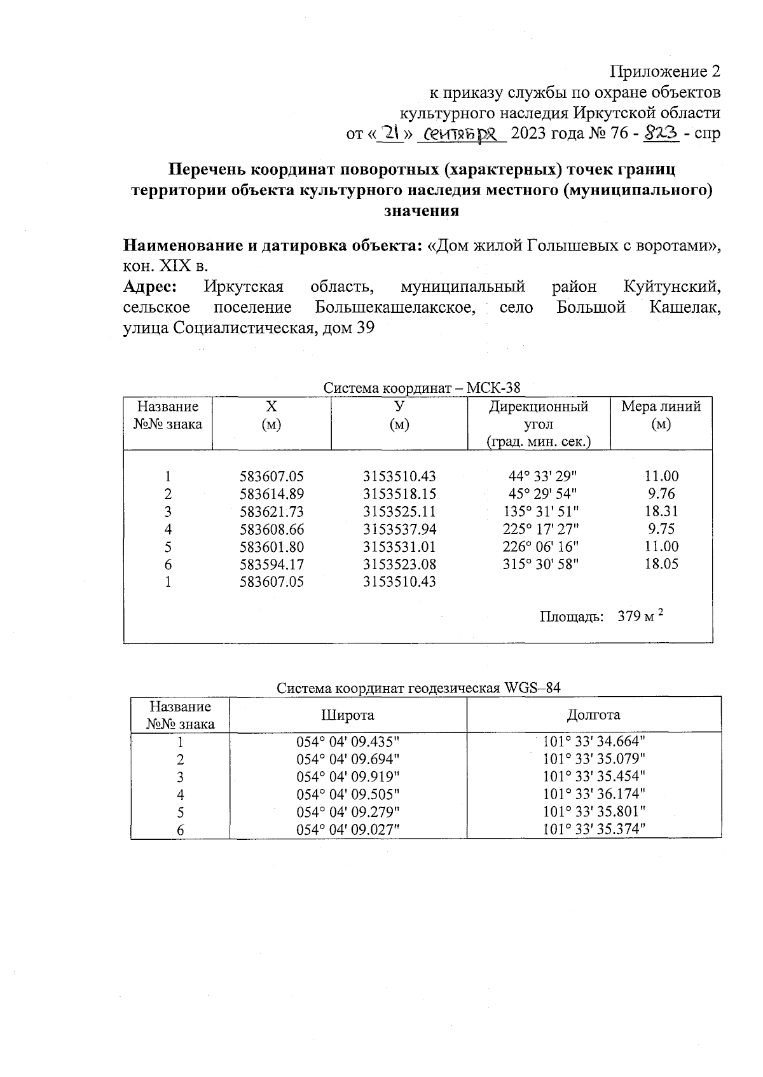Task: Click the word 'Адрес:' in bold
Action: coord(149,287)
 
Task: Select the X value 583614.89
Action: coord(272,494)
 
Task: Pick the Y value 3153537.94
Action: coord(399,529)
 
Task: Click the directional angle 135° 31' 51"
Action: coord(540,511)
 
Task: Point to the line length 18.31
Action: coord(661,511)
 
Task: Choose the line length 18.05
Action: coord(661,564)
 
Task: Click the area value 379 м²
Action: coord(640,616)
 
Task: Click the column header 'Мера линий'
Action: coord(661,407)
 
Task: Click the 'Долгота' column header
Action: coord(593,715)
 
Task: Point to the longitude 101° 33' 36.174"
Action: coord(594,794)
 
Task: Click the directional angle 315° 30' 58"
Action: coord(540,564)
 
